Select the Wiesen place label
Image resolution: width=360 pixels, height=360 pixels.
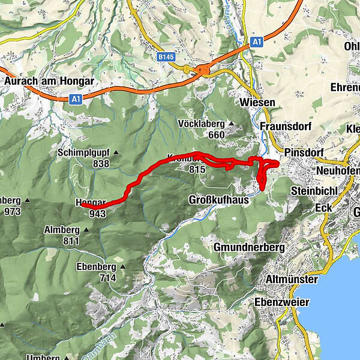click(x=257, y=103)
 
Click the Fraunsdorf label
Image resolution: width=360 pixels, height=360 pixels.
click(x=284, y=126)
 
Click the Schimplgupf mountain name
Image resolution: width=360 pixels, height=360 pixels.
click(x=85, y=152)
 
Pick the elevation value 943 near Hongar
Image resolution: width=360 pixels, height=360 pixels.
click(x=97, y=212)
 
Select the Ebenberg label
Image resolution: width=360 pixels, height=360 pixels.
click(x=95, y=266)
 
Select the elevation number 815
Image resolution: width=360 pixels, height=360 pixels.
click(x=197, y=170)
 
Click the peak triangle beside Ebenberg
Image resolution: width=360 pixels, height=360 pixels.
click(x=123, y=266)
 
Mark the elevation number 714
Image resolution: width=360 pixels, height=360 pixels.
click(x=108, y=278)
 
